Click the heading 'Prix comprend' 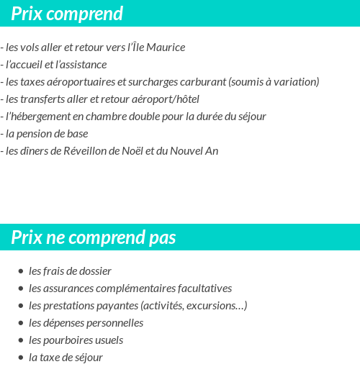click(67, 14)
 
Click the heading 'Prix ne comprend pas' click(93, 237)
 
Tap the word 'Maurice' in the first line click(166, 47)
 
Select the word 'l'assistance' click(81, 65)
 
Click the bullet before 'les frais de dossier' click(21, 272)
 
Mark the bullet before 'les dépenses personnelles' click(21, 324)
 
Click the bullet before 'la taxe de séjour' click(21, 358)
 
